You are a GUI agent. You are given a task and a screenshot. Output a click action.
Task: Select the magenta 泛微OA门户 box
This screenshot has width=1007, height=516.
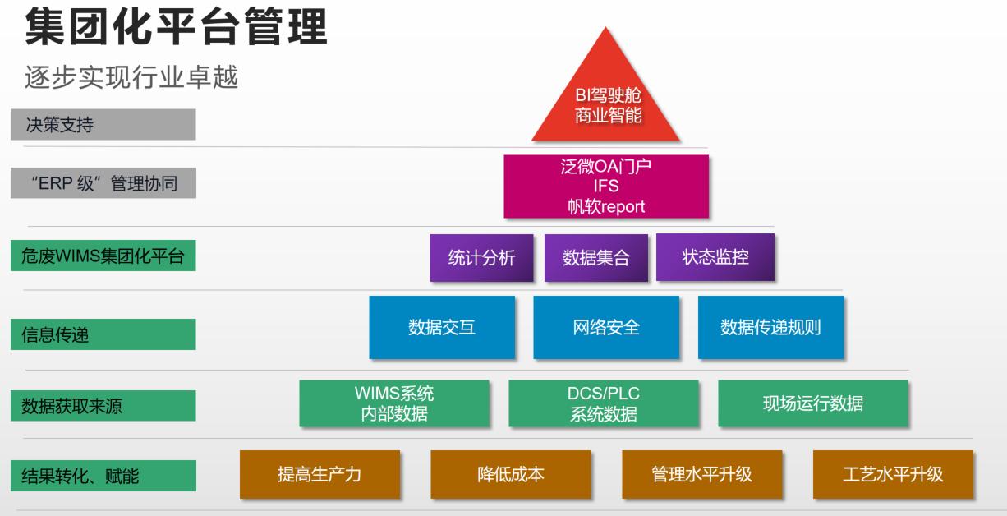[606, 187]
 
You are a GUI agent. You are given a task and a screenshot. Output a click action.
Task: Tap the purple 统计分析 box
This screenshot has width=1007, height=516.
[482, 258]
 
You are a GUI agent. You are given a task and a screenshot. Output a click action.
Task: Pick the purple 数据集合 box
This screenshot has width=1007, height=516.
[596, 258]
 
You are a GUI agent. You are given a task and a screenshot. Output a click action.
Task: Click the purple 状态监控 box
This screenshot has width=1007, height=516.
[715, 257]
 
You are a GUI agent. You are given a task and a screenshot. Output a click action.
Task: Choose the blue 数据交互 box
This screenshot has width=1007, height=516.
[442, 327]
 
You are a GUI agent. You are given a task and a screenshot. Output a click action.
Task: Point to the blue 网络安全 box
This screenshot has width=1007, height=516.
[606, 327]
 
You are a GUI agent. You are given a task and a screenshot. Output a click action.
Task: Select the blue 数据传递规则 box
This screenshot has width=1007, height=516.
[770, 327]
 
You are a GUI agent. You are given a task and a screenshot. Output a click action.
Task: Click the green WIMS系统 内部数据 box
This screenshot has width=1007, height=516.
[394, 403]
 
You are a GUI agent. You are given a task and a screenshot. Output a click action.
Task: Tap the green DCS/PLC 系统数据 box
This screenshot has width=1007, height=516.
[604, 403]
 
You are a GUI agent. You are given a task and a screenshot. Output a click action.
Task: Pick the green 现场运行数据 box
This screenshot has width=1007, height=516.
[813, 403]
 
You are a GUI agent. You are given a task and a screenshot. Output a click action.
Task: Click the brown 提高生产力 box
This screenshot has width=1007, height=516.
[320, 474]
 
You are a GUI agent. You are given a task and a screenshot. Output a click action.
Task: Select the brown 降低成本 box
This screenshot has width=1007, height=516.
[511, 474]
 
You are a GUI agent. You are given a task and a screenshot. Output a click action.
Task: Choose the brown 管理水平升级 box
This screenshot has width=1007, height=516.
[702, 474]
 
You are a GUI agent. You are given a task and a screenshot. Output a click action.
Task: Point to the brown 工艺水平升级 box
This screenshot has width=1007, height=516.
[893, 474]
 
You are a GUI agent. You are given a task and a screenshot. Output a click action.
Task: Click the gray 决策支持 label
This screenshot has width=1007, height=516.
[103, 124]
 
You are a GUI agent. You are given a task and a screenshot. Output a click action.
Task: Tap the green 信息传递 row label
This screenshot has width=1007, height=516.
[103, 334]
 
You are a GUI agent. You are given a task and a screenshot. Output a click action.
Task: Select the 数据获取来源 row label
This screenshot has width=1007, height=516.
[103, 405]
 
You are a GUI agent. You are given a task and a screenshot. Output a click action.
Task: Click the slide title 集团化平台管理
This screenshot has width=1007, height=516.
[177, 28]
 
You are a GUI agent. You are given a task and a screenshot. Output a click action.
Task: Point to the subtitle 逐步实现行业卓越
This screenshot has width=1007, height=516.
[132, 77]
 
